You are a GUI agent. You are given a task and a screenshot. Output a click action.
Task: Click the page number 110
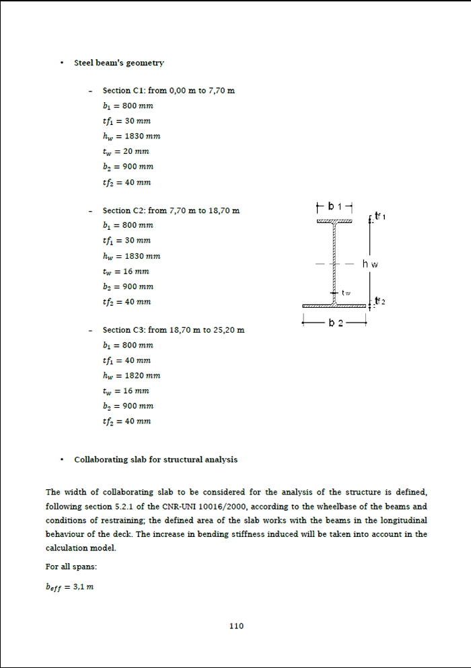click(x=236, y=626)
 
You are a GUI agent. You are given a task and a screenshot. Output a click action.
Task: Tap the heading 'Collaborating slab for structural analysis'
click(x=155, y=460)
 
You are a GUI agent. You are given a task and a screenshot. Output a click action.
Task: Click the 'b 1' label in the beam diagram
click(x=334, y=206)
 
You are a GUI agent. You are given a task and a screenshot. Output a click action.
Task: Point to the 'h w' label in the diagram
click(x=371, y=263)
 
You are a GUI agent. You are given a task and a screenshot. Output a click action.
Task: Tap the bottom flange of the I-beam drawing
click(x=334, y=306)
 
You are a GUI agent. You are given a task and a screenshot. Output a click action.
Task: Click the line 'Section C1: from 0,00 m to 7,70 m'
click(x=168, y=90)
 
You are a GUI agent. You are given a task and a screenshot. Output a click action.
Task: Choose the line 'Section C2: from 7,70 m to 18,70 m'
click(x=171, y=210)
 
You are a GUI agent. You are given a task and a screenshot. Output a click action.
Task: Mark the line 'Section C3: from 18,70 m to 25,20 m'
click(x=173, y=330)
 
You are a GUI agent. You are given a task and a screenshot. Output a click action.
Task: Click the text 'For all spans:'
click(x=71, y=567)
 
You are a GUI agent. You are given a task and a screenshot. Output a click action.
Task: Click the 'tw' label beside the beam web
click(x=346, y=293)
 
